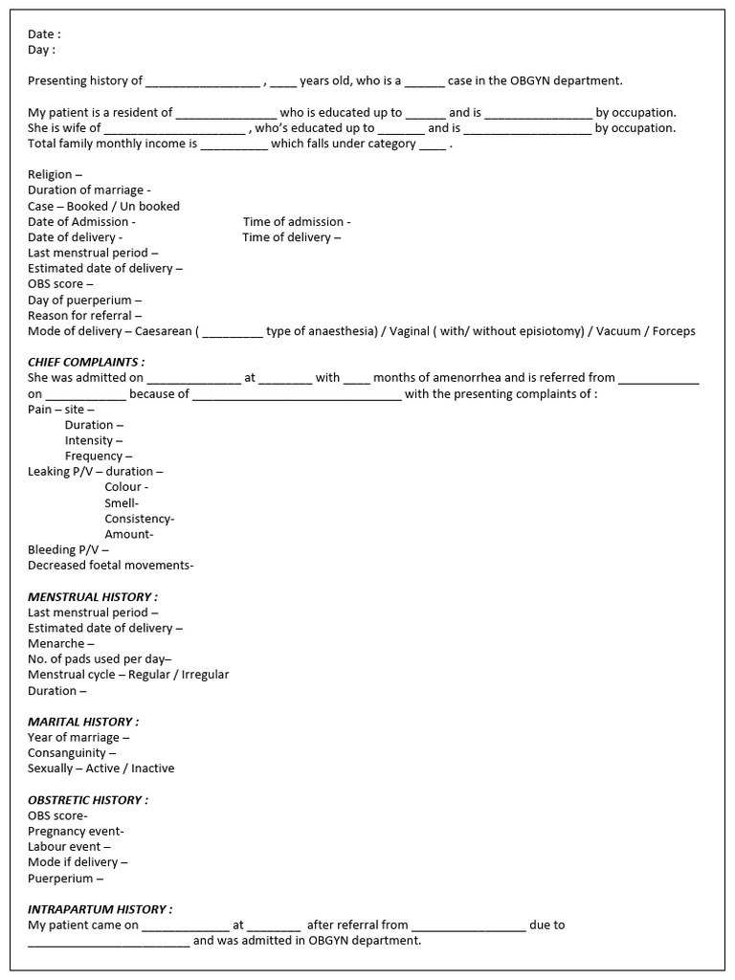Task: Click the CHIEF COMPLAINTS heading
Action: [x=86, y=362]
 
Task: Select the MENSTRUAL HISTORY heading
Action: [x=93, y=596]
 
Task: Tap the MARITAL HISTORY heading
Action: [x=83, y=722]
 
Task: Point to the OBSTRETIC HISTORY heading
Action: [x=88, y=799]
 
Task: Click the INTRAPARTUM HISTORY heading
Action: [x=100, y=909]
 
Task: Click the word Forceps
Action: [x=674, y=331]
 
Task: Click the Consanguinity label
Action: [x=72, y=752]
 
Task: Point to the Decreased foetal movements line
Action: [x=110, y=565]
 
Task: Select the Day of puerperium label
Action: [x=85, y=300]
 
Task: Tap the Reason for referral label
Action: [x=84, y=315]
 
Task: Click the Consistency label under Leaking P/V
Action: [x=139, y=519]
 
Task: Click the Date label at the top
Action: [x=44, y=34]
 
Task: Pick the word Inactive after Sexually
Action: [x=152, y=768]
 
